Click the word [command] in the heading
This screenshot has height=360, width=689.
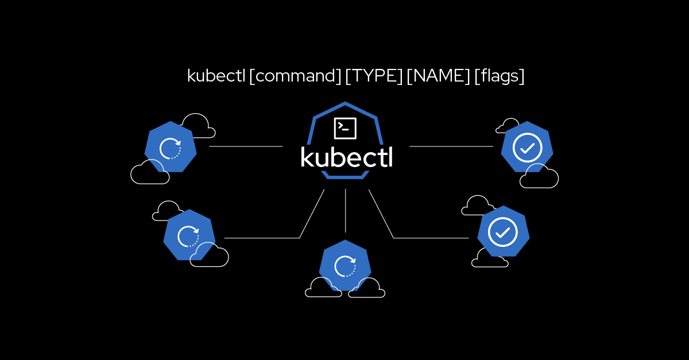pos(295,76)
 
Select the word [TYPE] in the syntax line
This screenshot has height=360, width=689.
pos(374,76)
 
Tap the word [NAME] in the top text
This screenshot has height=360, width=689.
pos(438,76)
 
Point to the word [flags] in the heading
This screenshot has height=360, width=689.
pos(499,76)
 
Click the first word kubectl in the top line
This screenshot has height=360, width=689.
pos(216,76)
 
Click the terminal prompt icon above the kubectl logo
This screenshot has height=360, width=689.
pos(345,128)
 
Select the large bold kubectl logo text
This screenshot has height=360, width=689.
pos(346,157)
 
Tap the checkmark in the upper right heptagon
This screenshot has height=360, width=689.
pos(527,148)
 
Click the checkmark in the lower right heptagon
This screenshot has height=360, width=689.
pos(503,232)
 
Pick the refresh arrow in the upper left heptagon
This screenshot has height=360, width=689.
pos(171,148)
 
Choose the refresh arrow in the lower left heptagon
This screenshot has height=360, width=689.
pos(188,236)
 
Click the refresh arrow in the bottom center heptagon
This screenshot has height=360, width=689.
pos(345,266)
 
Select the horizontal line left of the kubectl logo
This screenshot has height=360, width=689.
pos(246,146)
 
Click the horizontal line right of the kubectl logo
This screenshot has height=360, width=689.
pos(451,146)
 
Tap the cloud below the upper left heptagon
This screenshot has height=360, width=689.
pos(150,173)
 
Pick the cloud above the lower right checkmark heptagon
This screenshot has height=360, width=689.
pos(478,206)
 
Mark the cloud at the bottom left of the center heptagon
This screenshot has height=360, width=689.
pos(323,288)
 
